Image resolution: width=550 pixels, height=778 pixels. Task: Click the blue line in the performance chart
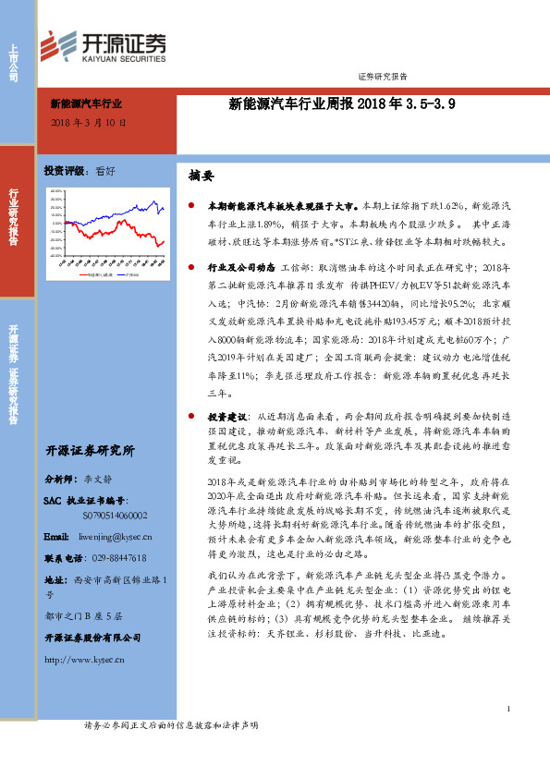[x=148, y=209]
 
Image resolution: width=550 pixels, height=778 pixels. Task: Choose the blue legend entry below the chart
[x=92, y=274]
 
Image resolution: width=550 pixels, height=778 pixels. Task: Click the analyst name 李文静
[x=96, y=480]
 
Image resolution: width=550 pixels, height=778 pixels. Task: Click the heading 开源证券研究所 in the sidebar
[x=90, y=452]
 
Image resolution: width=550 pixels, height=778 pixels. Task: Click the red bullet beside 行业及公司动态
[x=190, y=264]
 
